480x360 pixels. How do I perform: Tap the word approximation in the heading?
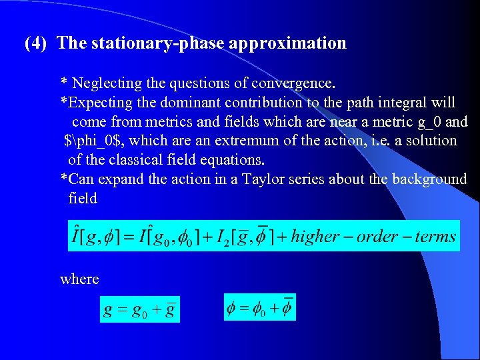click(x=287, y=44)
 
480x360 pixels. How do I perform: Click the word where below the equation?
click(x=79, y=279)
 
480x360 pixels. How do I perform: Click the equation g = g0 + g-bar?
click(x=139, y=311)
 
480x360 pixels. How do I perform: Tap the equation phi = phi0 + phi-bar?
click(x=259, y=308)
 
